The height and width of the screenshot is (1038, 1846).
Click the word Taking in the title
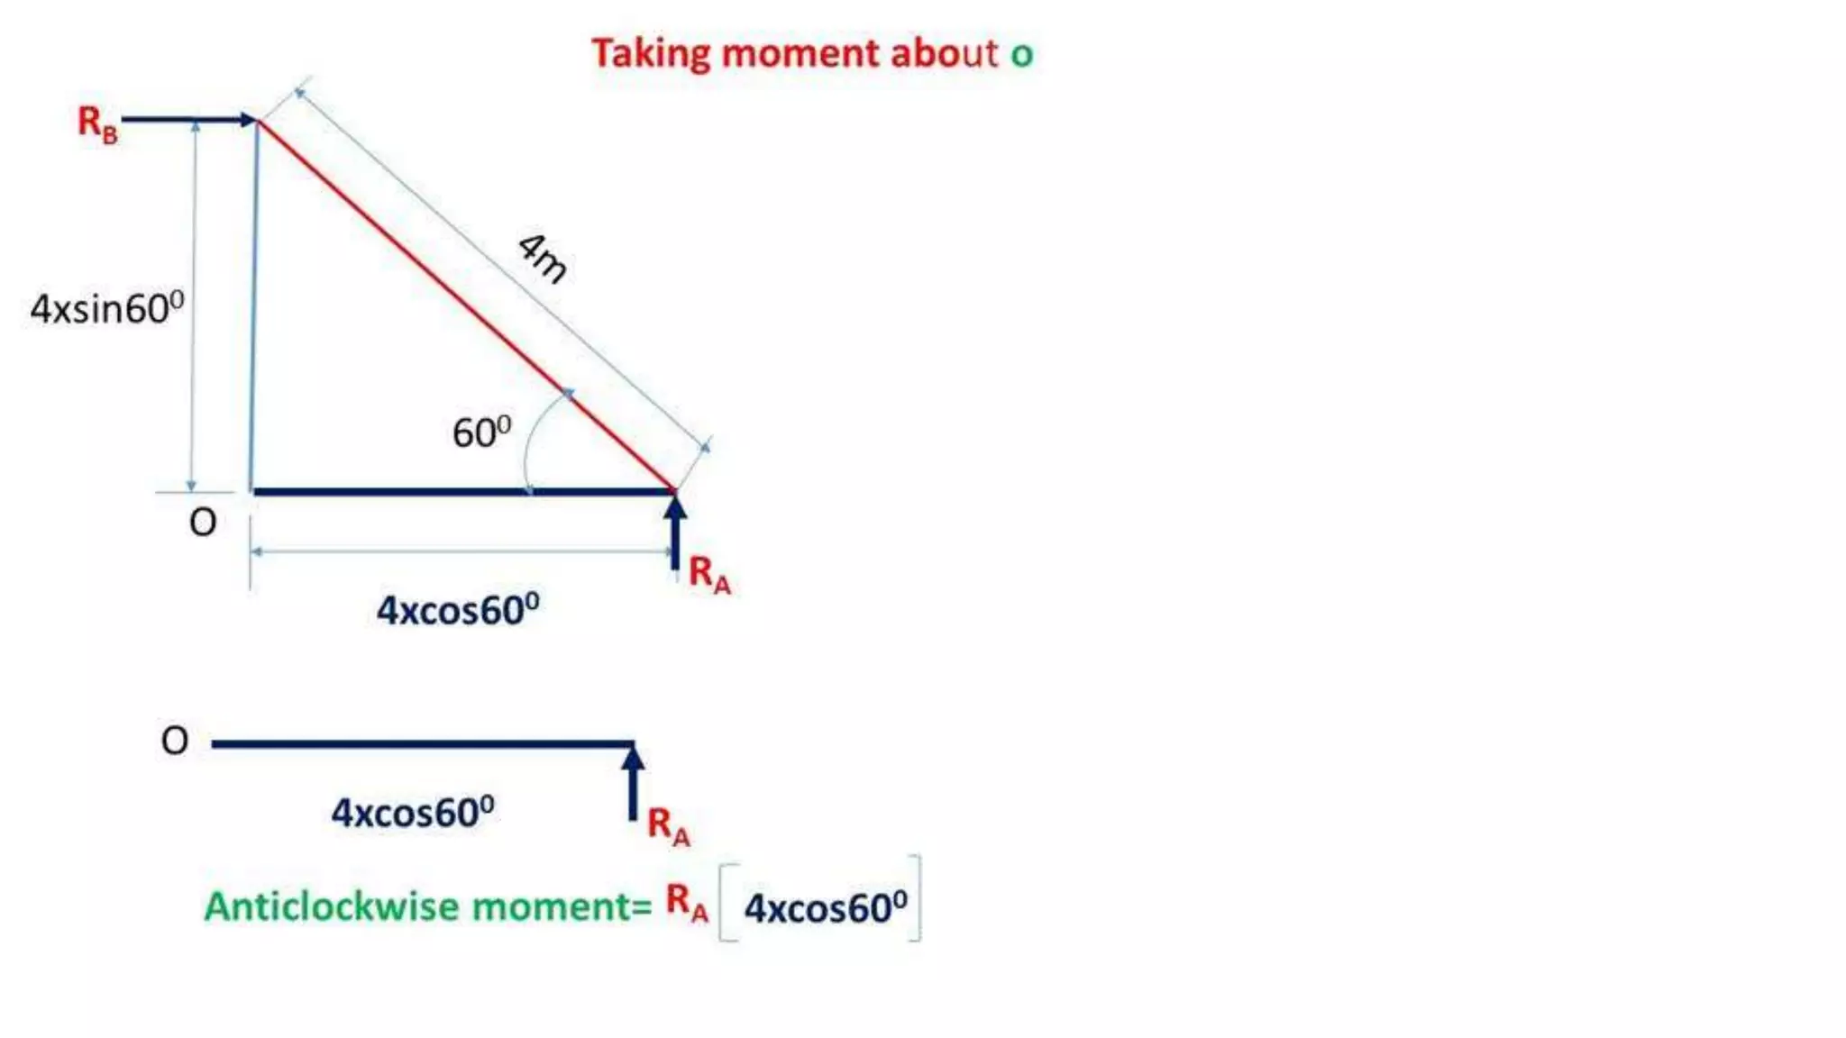coord(651,54)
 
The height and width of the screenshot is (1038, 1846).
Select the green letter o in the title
coord(1021,55)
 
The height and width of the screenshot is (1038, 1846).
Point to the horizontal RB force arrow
coord(189,119)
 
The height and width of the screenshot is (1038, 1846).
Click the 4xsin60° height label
coord(106,308)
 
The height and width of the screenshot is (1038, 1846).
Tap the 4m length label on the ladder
coord(544,259)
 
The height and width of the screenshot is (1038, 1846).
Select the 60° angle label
coord(481,432)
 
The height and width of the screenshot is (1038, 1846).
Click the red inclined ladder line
coord(464,305)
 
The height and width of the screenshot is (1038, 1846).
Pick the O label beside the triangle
coord(203,523)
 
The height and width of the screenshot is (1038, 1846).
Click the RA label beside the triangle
coord(709,574)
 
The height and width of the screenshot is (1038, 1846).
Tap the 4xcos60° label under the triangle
coord(458,610)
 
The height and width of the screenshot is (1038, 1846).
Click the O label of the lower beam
coord(175,741)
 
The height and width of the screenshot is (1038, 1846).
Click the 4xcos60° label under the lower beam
coord(413,813)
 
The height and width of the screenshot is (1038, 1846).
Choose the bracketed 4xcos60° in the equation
coord(825,907)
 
